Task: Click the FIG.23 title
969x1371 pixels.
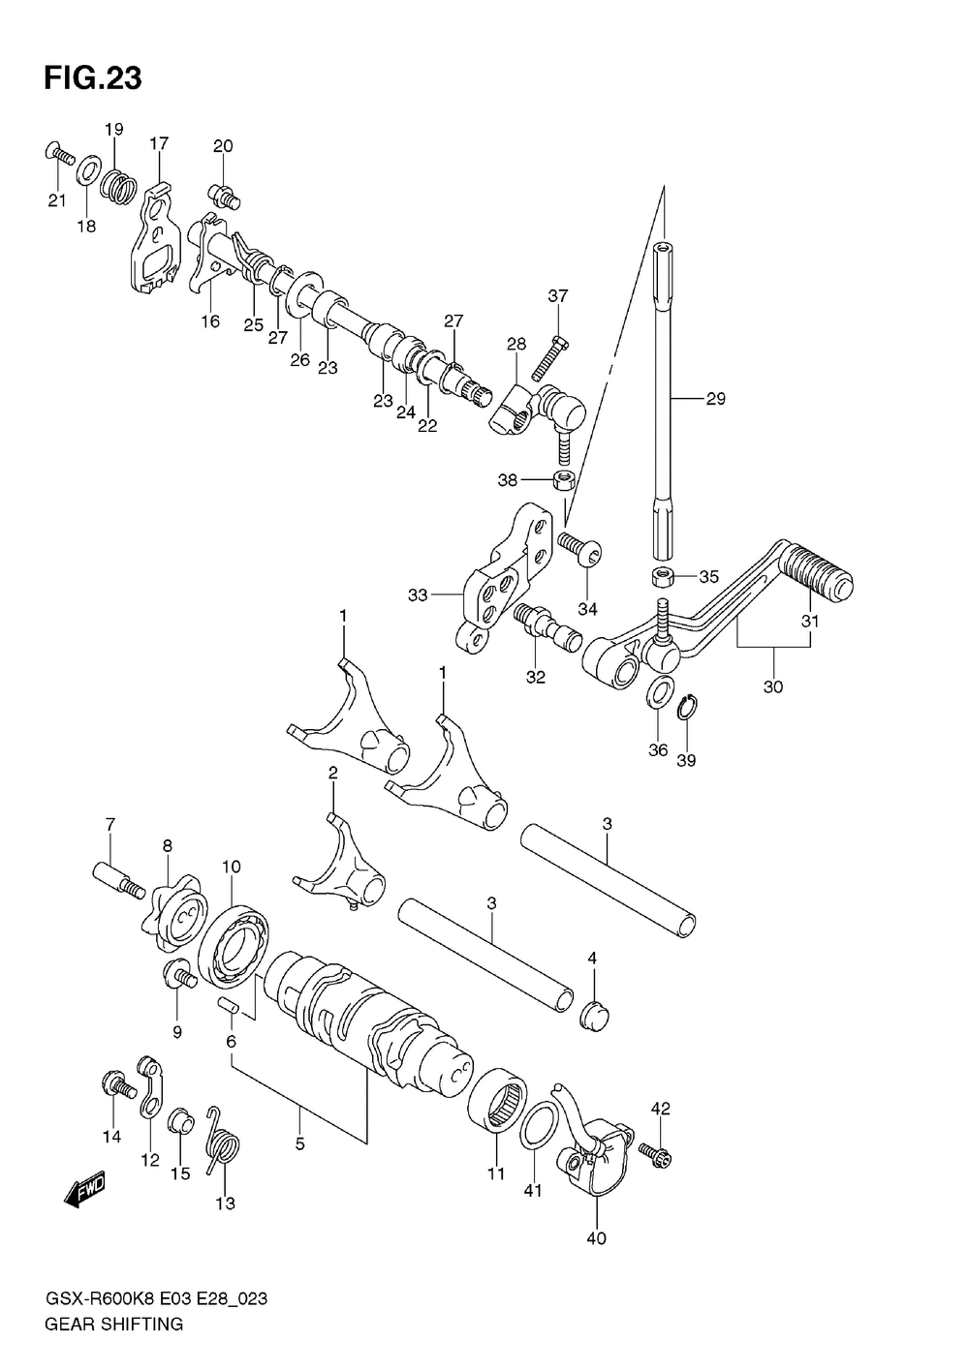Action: coord(92,78)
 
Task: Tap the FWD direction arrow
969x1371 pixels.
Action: coord(84,1189)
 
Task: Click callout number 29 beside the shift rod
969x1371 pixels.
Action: coord(715,399)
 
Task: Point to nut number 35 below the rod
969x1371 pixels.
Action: coord(663,577)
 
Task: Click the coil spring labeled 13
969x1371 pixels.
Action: coord(224,1145)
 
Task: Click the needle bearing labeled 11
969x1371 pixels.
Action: coord(500,1099)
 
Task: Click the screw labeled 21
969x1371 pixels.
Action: coord(60,153)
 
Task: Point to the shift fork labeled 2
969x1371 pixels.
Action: coord(340,867)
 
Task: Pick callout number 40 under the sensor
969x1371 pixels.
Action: coord(596,1237)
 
